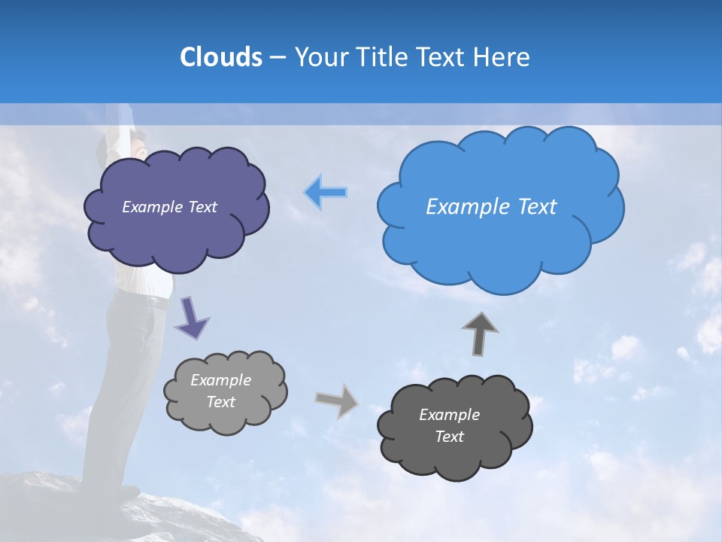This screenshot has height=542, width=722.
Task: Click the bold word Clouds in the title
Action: pyautogui.click(x=220, y=57)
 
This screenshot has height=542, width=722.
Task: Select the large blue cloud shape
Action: pyautogui.click(x=500, y=248)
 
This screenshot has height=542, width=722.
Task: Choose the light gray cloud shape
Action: pyautogui.click(x=226, y=418)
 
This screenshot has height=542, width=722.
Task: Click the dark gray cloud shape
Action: pyautogui.click(x=455, y=459)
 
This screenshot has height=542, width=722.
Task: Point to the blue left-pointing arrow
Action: pyautogui.click(x=326, y=193)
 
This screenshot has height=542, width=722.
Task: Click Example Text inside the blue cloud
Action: pyautogui.click(x=491, y=207)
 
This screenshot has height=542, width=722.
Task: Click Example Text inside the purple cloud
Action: pyautogui.click(x=169, y=207)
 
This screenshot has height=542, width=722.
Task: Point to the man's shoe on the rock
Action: pyautogui.click(x=124, y=492)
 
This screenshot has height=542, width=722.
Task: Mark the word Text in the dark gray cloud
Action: pyautogui.click(x=449, y=437)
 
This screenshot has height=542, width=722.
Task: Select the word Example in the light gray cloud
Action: pyautogui.click(x=220, y=380)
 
